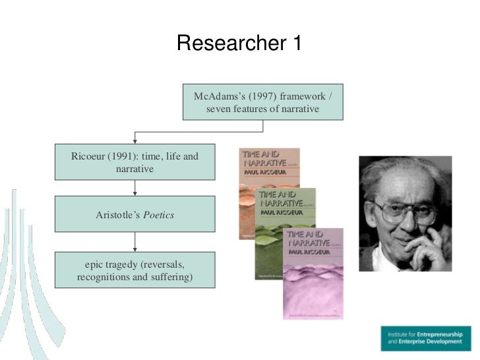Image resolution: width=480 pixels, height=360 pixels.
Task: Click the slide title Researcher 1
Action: [239, 44]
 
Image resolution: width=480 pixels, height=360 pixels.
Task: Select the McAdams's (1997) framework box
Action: [263, 102]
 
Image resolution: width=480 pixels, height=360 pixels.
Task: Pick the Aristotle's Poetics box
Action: [135, 215]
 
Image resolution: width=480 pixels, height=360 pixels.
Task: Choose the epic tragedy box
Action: [135, 271]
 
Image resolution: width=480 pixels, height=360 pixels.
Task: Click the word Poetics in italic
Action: [159, 216]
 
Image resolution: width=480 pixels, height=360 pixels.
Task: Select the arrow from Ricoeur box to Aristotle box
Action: [135, 188]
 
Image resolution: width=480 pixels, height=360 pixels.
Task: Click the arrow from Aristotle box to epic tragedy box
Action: [135, 242]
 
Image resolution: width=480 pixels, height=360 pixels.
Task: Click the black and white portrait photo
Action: [405, 213]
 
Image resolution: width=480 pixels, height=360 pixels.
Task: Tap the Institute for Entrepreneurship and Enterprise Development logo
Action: [425, 338]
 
